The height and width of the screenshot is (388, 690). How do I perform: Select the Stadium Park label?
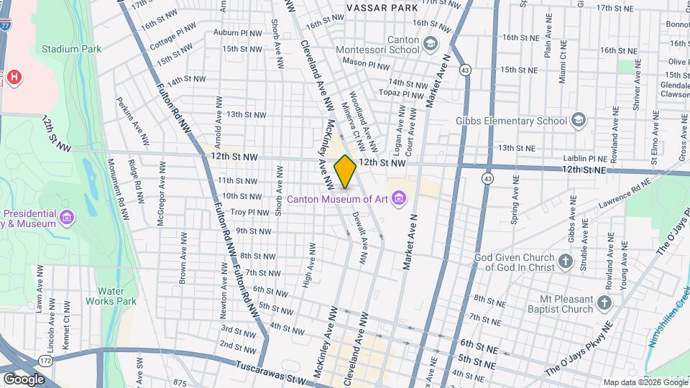point(70,49)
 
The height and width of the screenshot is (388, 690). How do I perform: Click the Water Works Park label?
point(111,296)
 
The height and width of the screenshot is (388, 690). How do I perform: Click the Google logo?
point(24,379)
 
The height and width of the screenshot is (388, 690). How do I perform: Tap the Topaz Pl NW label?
point(402,94)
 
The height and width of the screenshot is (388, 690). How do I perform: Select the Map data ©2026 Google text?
point(644,382)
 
